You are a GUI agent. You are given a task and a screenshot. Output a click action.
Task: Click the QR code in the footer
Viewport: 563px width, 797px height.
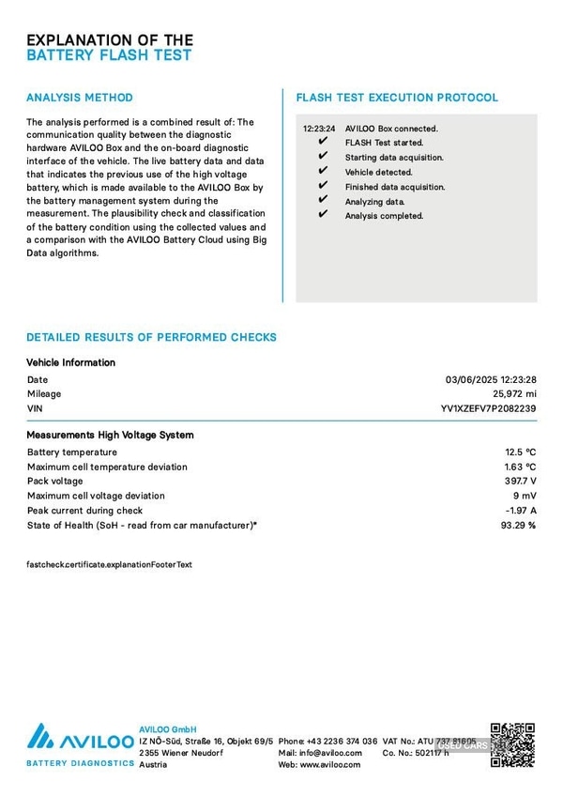coord(512,744)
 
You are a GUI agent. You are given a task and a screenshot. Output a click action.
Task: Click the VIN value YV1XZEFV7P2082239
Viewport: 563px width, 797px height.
coord(488,409)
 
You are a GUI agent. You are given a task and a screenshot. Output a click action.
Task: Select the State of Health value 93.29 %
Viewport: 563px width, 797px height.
coord(518,525)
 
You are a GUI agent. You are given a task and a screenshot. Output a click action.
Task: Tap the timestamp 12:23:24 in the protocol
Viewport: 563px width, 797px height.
coord(319,129)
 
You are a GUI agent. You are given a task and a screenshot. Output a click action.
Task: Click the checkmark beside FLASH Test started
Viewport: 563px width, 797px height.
coord(323,143)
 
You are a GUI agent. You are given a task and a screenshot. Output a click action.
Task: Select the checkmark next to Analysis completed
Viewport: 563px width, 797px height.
coord(323,215)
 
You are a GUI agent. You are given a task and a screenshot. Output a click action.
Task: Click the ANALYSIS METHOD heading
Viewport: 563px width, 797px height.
coord(80,98)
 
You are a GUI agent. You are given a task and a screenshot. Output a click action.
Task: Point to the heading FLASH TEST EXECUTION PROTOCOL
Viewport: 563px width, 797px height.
coord(397,98)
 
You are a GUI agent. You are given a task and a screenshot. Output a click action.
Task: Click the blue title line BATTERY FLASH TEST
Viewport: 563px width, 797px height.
coord(109,55)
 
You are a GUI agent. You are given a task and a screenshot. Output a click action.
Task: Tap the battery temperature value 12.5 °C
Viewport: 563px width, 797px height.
coord(520,452)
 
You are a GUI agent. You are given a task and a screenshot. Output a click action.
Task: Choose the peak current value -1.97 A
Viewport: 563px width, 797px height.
coord(520,511)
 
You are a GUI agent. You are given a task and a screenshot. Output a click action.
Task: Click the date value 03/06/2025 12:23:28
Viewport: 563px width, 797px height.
coord(490,380)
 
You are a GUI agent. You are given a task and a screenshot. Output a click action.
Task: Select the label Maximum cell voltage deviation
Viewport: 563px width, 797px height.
coord(96,496)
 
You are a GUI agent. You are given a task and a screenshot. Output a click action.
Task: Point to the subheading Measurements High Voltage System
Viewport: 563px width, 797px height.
coord(110,436)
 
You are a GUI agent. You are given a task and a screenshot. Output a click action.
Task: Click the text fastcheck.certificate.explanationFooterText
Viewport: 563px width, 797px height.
coord(109,565)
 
